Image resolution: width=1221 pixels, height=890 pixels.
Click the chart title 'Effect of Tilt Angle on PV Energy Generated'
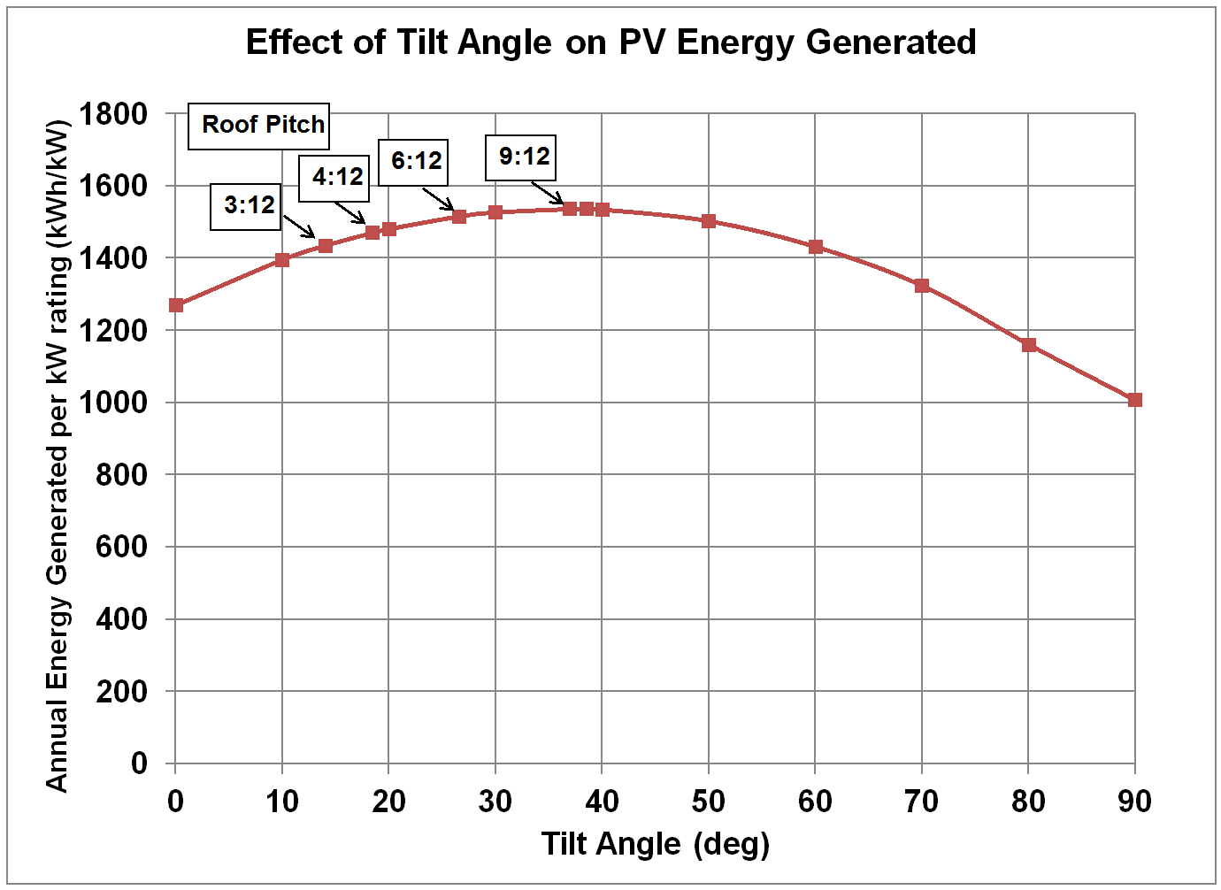click(x=610, y=42)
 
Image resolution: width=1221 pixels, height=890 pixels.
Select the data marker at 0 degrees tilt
click(x=176, y=305)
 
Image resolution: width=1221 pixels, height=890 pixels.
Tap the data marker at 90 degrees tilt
click(x=1135, y=400)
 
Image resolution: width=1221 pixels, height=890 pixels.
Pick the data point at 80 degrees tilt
click(x=1028, y=345)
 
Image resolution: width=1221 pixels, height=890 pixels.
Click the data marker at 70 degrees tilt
click(x=922, y=286)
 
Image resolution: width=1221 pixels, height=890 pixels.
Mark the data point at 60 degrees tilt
click(x=816, y=247)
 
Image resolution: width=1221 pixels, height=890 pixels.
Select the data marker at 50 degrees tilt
click(x=709, y=221)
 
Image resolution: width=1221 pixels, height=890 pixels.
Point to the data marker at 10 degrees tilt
click(x=282, y=260)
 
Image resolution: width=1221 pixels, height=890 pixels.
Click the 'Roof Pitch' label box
click(x=259, y=125)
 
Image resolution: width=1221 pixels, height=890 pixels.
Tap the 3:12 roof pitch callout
click(x=246, y=206)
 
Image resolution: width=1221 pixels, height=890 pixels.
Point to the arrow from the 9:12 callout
click(x=548, y=193)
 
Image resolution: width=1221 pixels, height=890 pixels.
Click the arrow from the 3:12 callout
click(x=299, y=226)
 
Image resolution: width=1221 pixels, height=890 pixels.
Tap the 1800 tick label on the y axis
click(x=113, y=114)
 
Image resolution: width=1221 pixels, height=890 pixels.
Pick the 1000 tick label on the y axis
click(x=113, y=403)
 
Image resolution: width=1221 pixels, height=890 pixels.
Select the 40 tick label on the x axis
click(x=602, y=802)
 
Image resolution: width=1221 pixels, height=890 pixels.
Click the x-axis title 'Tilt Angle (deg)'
click(x=656, y=844)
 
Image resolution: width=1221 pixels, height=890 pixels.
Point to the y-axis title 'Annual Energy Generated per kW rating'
click(x=57, y=456)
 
